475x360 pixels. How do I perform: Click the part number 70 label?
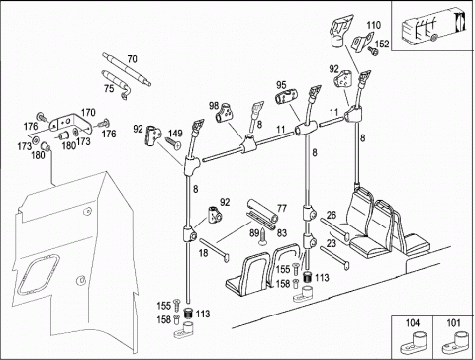pyautogui.click(x=132, y=59)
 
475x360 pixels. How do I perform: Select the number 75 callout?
pyautogui.click(x=109, y=88)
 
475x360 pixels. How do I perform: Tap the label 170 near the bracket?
pyautogui.click(x=88, y=113)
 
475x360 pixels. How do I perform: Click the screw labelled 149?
pyautogui.click(x=173, y=143)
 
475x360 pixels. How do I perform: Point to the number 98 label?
pyautogui.click(x=214, y=106)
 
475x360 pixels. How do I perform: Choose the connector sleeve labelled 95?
pyautogui.click(x=286, y=96)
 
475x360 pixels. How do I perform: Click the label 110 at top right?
pyautogui.click(x=373, y=25)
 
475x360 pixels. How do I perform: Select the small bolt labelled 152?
pyautogui.click(x=373, y=51)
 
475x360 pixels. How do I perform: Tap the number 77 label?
pyautogui.click(x=282, y=208)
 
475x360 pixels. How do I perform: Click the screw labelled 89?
pyautogui.click(x=263, y=236)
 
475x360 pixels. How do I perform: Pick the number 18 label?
pyautogui.click(x=204, y=253)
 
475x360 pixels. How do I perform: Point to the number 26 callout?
pyautogui.click(x=332, y=215)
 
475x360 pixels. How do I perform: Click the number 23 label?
pyautogui.click(x=332, y=243)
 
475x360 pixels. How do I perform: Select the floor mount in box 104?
pyautogui.click(x=412, y=344)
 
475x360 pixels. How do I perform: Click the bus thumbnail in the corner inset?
pyautogui.click(x=432, y=27)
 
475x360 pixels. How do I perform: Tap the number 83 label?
pyautogui.click(x=281, y=233)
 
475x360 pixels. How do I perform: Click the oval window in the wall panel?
pyautogui.click(x=39, y=275)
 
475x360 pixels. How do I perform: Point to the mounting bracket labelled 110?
pyautogui.click(x=361, y=41)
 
